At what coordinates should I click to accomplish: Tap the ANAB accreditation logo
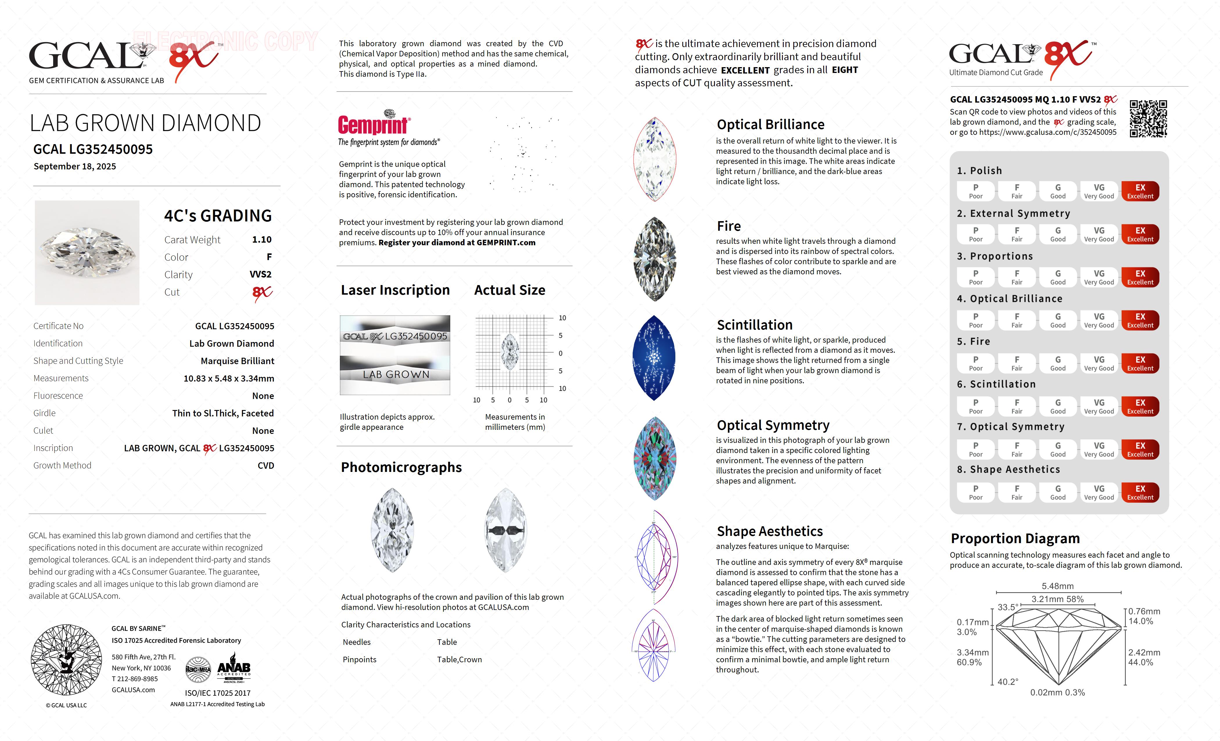pos(234,669)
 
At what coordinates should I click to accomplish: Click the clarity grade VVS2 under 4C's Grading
pos(261,274)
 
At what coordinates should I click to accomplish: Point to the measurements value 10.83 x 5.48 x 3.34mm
pos(229,378)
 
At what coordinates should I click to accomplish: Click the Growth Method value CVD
pos(265,466)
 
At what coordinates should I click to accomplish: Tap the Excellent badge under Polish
pos(1140,191)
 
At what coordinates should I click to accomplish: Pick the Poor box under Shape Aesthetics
pos(975,492)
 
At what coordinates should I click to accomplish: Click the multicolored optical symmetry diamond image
pos(654,458)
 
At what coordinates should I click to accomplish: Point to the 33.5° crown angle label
pos(1008,607)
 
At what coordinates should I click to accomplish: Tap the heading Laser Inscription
pos(395,290)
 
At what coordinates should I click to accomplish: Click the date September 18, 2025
pos(75,167)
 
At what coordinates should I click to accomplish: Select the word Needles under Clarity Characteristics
pos(356,642)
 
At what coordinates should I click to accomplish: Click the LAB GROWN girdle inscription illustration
pos(395,375)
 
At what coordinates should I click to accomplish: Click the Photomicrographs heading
pos(401,468)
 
